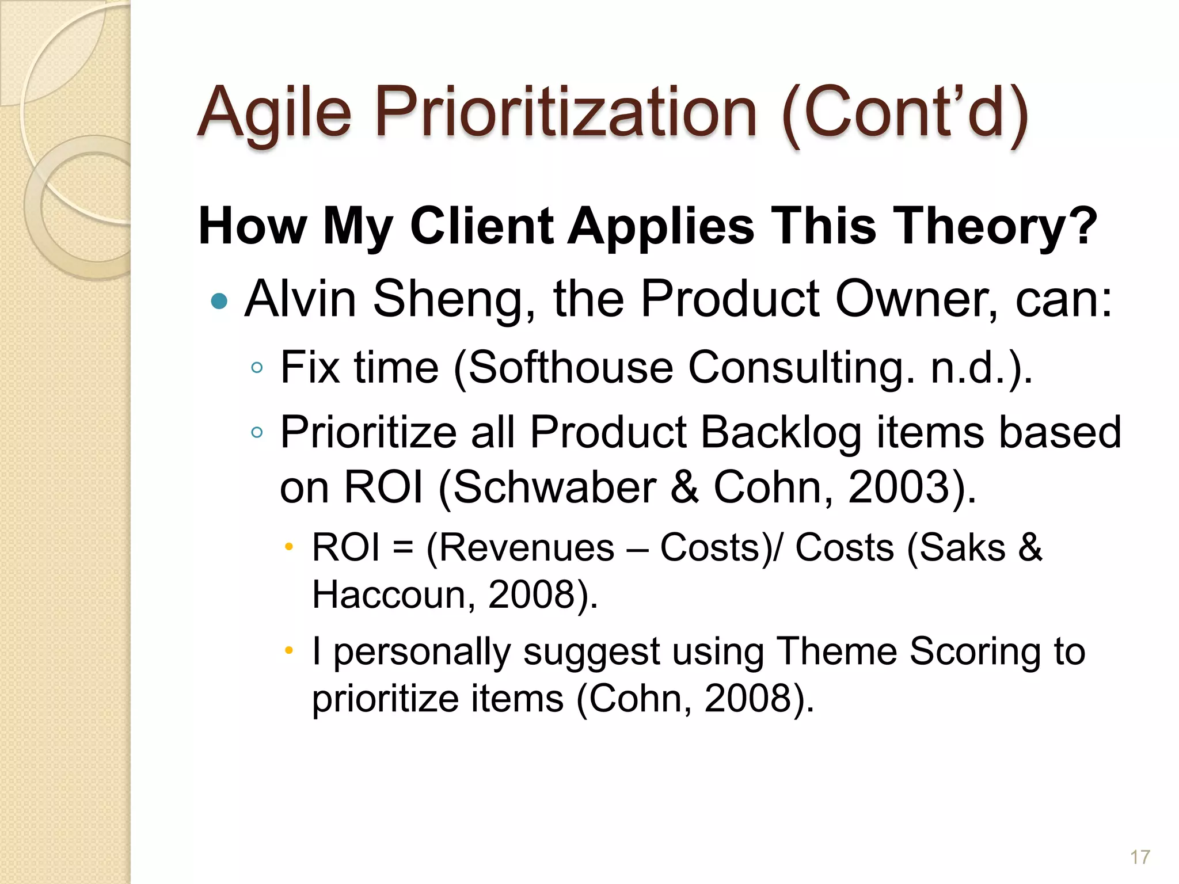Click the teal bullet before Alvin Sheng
(219, 300)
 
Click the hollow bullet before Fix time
(257, 367)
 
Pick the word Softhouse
(571, 367)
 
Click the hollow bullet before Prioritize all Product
(257, 432)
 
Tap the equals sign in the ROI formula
(403, 548)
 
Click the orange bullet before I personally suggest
(289, 651)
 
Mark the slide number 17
(1140, 858)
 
